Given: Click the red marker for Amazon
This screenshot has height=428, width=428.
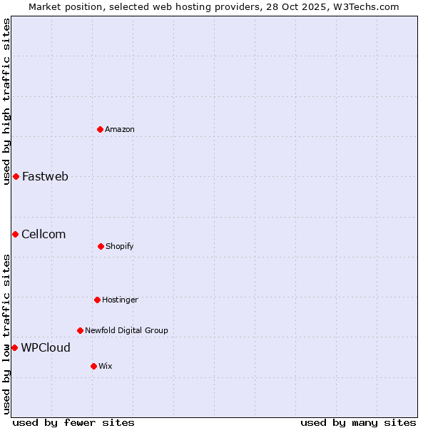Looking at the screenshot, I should pos(100,129).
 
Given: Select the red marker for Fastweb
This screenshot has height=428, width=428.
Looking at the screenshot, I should pos(16,176).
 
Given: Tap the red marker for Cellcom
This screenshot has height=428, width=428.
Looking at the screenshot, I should pos(15,234).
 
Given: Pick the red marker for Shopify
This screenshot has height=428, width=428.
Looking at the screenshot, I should pos(101,246).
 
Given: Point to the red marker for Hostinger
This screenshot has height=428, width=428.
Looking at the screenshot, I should pos(97,300).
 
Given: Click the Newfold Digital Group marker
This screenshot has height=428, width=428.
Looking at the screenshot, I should pos(80,330).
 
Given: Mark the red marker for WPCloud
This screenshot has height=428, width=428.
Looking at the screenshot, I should pos(14,347).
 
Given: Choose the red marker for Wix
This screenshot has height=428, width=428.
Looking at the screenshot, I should pos(93,366).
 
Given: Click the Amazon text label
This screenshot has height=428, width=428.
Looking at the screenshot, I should pos(120,129).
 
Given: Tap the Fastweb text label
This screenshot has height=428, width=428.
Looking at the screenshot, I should pos(45,177).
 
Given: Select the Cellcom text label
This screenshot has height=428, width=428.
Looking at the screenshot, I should pos(44,234).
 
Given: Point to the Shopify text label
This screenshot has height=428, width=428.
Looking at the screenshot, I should pos(120,246).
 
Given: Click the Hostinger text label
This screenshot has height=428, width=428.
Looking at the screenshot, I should pos(120,300).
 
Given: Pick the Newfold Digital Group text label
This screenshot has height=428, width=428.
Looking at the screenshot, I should pos(126,330).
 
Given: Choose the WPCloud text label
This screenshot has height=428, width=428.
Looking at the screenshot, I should pos(46,348).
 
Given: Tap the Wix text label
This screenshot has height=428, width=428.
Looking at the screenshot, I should pos(106,366).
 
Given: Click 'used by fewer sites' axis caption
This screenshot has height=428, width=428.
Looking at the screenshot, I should pos(73,422).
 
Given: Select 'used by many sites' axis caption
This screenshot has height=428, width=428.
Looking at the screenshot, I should pos(358,422).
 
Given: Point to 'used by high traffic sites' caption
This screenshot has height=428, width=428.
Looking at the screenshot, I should pos(6,101).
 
